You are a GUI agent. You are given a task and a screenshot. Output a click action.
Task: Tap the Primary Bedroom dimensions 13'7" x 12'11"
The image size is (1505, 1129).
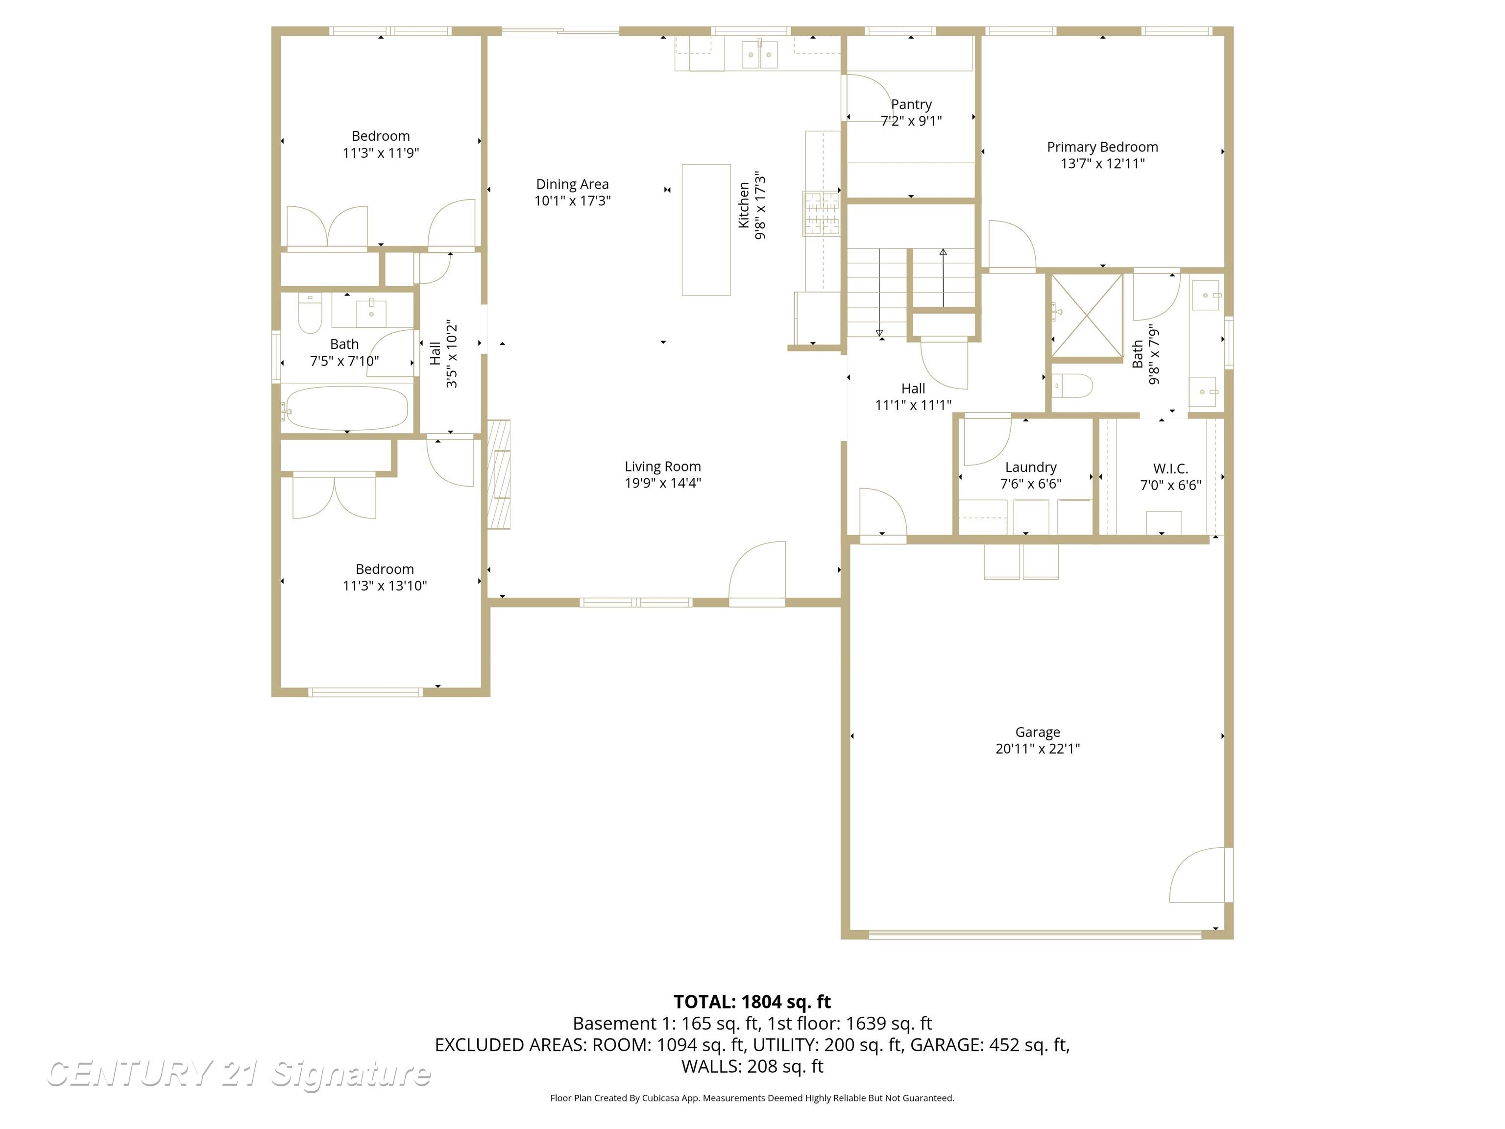pos(1102,163)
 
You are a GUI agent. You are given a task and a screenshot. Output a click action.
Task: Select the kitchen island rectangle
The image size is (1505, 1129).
pos(706,229)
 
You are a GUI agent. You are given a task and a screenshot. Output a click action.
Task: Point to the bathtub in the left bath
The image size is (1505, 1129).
pos(347,408)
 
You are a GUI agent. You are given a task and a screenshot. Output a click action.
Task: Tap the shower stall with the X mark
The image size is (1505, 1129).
pos(1087,315)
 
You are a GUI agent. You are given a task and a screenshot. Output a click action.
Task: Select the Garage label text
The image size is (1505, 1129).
pos(1037,732)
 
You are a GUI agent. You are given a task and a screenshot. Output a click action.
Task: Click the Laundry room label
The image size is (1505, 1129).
pos(1030,467)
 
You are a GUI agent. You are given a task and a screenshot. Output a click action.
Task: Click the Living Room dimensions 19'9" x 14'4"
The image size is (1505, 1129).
pos(663,483)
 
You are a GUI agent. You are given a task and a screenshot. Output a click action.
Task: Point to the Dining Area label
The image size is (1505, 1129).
pos(572,184)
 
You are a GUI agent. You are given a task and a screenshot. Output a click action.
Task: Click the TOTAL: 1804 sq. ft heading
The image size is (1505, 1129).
pos(752,1002)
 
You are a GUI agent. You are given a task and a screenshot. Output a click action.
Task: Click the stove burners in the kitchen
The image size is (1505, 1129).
pos(821,213)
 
